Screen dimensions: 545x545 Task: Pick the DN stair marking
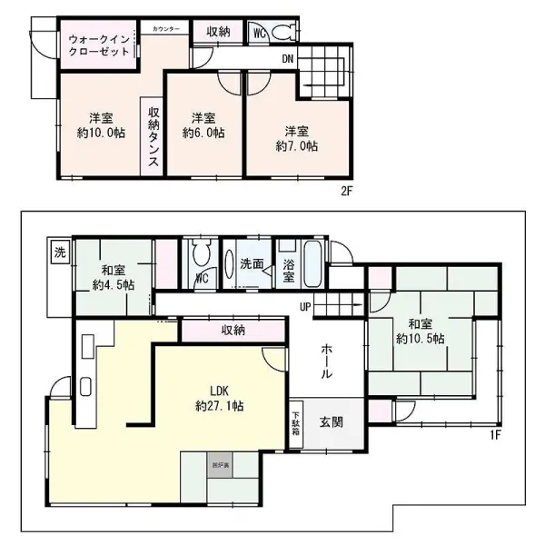coord(288,61)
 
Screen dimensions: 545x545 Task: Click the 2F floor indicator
coord(346,193)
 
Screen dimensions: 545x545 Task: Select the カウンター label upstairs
coord(165,29)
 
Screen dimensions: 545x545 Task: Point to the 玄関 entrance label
coord(330,422)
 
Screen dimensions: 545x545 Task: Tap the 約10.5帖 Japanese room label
coord(420,331)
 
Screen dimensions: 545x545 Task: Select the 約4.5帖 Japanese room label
coord(114,277)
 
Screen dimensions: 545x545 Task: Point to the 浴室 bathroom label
coord(288,270)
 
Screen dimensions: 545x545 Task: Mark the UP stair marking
coord(307,305)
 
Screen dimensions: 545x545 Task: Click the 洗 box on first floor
coord(59,251)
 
